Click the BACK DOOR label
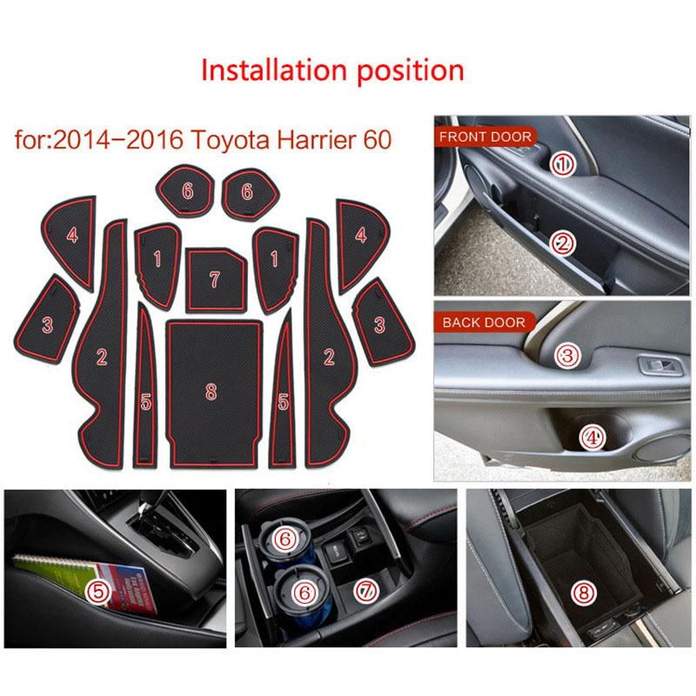click(x=485, y=322)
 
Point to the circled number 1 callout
click(x=564, y=163)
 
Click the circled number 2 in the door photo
click(x=564, y=244)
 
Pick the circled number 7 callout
click(x=365, y=591)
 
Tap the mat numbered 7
click(x=213, y=278)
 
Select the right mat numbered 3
click(x=379, y=322)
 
